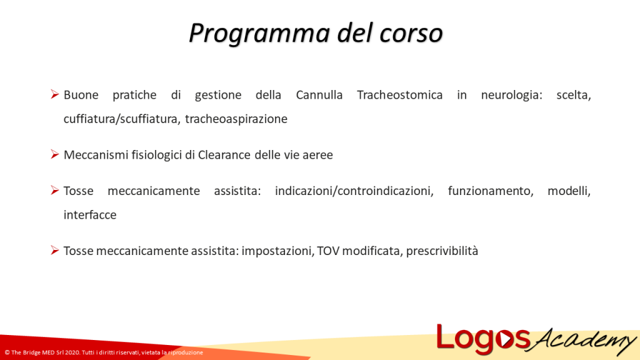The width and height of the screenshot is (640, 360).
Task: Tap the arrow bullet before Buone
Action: click(55, 95)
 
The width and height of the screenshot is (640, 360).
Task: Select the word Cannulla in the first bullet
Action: click(319, 95)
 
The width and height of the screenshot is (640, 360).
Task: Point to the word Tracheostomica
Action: click(399, 95)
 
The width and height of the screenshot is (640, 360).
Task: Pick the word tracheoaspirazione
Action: click(236, 119)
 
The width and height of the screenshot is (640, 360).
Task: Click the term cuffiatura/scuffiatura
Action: click(121, 119)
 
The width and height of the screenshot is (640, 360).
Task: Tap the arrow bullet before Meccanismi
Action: click(55, 154)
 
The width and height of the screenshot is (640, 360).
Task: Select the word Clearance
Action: click(224, 155)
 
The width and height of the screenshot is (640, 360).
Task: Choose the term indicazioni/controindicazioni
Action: click(354, 191)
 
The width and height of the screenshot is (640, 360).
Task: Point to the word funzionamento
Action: click(490, 191)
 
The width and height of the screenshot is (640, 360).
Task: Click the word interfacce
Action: click(90, 215)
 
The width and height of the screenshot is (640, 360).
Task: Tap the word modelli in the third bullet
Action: click(569, 191)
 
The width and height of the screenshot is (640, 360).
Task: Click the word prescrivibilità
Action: click(442, 251)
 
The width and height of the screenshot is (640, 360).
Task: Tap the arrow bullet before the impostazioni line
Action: click(55, 251)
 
